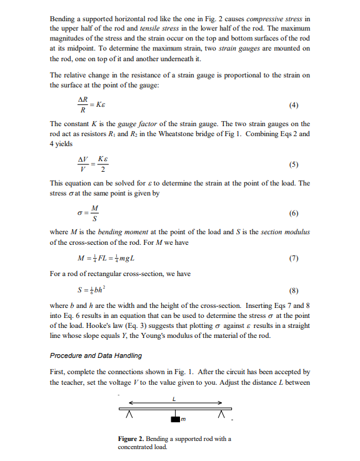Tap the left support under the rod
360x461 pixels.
click(131, 415)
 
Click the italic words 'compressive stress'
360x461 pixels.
click(273, 19)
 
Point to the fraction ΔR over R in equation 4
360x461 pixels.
click(82, 104)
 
